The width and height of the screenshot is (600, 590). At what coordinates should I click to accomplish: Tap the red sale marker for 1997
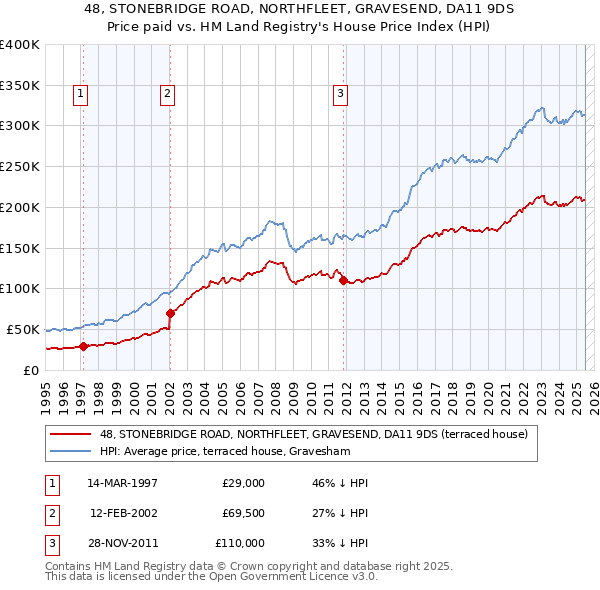pyautogui.click(x=84, y=346)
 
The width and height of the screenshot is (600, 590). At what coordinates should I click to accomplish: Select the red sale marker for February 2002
pyautogui.click(x=170, y=313)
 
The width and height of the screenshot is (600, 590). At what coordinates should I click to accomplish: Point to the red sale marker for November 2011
pyautogui.click(x=344, y=281)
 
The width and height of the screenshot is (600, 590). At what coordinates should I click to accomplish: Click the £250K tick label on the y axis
pyautogui.click(x=20, y=167)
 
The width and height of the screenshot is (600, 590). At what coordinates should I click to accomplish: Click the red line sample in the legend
pyautogui.click(x=71, y=434)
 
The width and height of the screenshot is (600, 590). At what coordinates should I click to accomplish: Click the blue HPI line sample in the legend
pyautogui.click(x=71, y=451)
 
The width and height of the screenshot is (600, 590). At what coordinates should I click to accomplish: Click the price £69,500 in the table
pyautogui.click(x=243, y=513)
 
